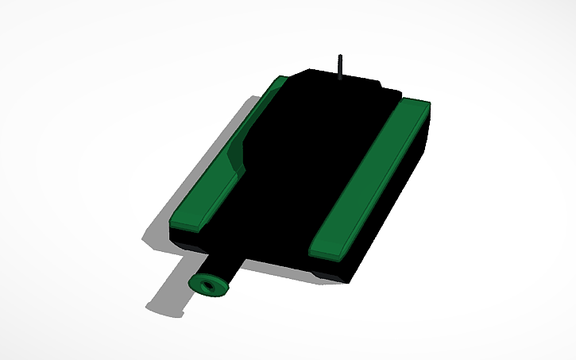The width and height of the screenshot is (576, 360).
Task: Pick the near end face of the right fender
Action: pyautogui.click(x=327, y=253)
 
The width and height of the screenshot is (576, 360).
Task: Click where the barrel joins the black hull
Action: pyautogui.click(x=242, y=258)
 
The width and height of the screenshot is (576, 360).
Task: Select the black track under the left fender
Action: pyautogui.click(x=191, y=238)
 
